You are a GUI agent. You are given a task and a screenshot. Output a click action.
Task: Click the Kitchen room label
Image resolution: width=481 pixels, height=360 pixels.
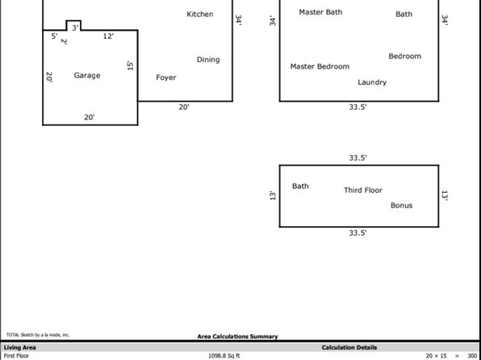point(199,14)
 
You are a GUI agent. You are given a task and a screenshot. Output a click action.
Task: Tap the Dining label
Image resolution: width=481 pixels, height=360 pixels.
point(208,60)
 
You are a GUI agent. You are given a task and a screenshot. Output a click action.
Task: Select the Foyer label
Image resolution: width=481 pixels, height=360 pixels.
point(166,77)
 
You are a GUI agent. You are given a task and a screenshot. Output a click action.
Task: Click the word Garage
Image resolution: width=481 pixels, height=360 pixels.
point(87,76)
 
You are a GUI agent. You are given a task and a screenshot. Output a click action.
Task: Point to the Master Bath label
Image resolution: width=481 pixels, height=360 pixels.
point(320,12)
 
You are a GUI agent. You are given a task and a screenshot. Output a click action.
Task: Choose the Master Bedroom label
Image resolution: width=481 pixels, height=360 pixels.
point(320,67)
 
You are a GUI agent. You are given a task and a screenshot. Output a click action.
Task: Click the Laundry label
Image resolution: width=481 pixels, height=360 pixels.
point(372,82)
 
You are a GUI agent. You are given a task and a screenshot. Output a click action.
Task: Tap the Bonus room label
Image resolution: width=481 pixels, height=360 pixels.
point(402,205)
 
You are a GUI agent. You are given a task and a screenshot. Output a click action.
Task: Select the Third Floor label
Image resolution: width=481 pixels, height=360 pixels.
point(363,190)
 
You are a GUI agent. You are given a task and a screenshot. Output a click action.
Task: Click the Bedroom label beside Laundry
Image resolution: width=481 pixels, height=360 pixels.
point(405,57)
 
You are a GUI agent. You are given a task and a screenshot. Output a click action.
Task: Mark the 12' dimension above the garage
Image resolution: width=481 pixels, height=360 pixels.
point(108,36)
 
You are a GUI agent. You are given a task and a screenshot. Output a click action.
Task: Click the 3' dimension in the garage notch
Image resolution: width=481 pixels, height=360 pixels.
point(75,28)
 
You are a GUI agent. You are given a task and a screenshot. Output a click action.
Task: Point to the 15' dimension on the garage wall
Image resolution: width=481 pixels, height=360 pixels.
point(130,65)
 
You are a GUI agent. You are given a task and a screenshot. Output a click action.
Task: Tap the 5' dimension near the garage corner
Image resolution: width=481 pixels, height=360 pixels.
point(54,36)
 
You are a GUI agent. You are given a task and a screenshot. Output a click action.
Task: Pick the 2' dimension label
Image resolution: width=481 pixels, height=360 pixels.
point(64,41)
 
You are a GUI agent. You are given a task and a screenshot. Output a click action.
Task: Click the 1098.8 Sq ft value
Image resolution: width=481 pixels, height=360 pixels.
point(224,356)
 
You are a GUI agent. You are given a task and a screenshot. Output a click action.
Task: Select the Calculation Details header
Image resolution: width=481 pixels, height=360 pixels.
point(349,348)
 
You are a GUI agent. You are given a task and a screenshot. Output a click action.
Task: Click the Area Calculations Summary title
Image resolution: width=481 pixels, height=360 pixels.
point(238,337)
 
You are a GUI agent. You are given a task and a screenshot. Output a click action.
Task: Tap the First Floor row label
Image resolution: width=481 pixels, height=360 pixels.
point(16,356)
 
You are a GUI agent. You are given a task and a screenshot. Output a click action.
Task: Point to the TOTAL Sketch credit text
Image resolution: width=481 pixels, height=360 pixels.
point(38,335)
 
